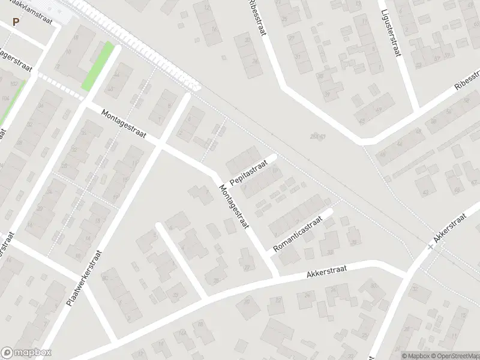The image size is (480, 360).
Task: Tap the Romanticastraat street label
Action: click(298, 234)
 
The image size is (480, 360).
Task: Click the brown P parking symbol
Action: click(16, 22)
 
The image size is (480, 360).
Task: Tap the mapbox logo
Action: click(26, 353)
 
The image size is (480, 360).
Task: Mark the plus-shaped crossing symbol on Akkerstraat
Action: click(430, 247)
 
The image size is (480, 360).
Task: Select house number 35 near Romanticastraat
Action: click(355, 242)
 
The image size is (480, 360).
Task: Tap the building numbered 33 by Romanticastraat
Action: click(329, 252)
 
